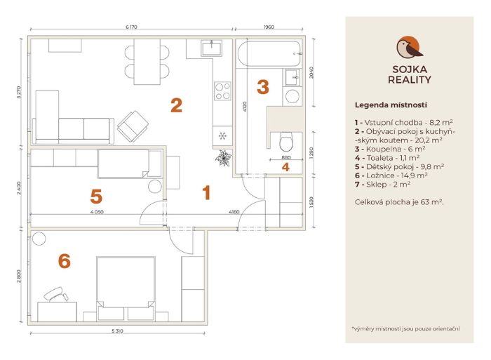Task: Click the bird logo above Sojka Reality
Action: point(409,48)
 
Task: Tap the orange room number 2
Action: point(176,105)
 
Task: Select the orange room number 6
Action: point(65,261)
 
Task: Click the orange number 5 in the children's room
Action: point(96,196)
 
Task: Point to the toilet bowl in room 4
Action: point(286,142)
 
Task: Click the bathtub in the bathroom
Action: point(269,53)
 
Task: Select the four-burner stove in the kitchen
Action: point(222,91)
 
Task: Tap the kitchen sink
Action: point(212,48)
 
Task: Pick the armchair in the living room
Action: point(133,126)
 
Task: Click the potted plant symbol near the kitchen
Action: point(223,158)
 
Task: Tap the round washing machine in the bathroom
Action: point(292,97)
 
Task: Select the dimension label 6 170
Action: point(132,27)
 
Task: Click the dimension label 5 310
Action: point(117,331)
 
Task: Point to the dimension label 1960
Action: point(269,27)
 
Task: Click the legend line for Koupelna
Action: point(390,149)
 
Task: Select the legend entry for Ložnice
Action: point(391,175)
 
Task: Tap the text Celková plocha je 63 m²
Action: point(399,202)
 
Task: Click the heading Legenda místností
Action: point(391,105)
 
